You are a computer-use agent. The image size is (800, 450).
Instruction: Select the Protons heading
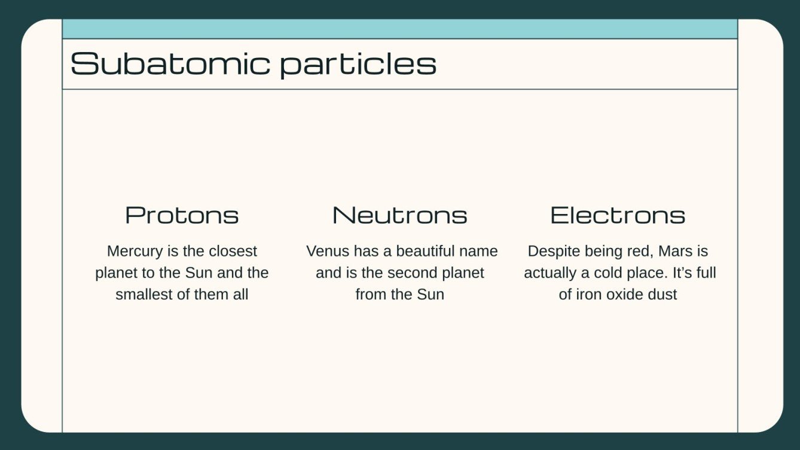point(182,215)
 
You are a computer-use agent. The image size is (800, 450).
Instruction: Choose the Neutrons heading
point(399,215)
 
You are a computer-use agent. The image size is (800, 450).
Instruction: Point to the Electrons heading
point(618,215)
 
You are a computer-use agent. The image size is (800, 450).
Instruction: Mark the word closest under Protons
point(233,251)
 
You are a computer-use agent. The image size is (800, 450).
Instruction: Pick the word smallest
point(145,294)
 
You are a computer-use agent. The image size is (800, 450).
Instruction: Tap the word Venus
point(327,251)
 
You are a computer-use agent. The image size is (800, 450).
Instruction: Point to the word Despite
point(551,251)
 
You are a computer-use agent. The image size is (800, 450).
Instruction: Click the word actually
point(550,273)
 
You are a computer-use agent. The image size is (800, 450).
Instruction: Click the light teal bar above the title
point(399,29)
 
